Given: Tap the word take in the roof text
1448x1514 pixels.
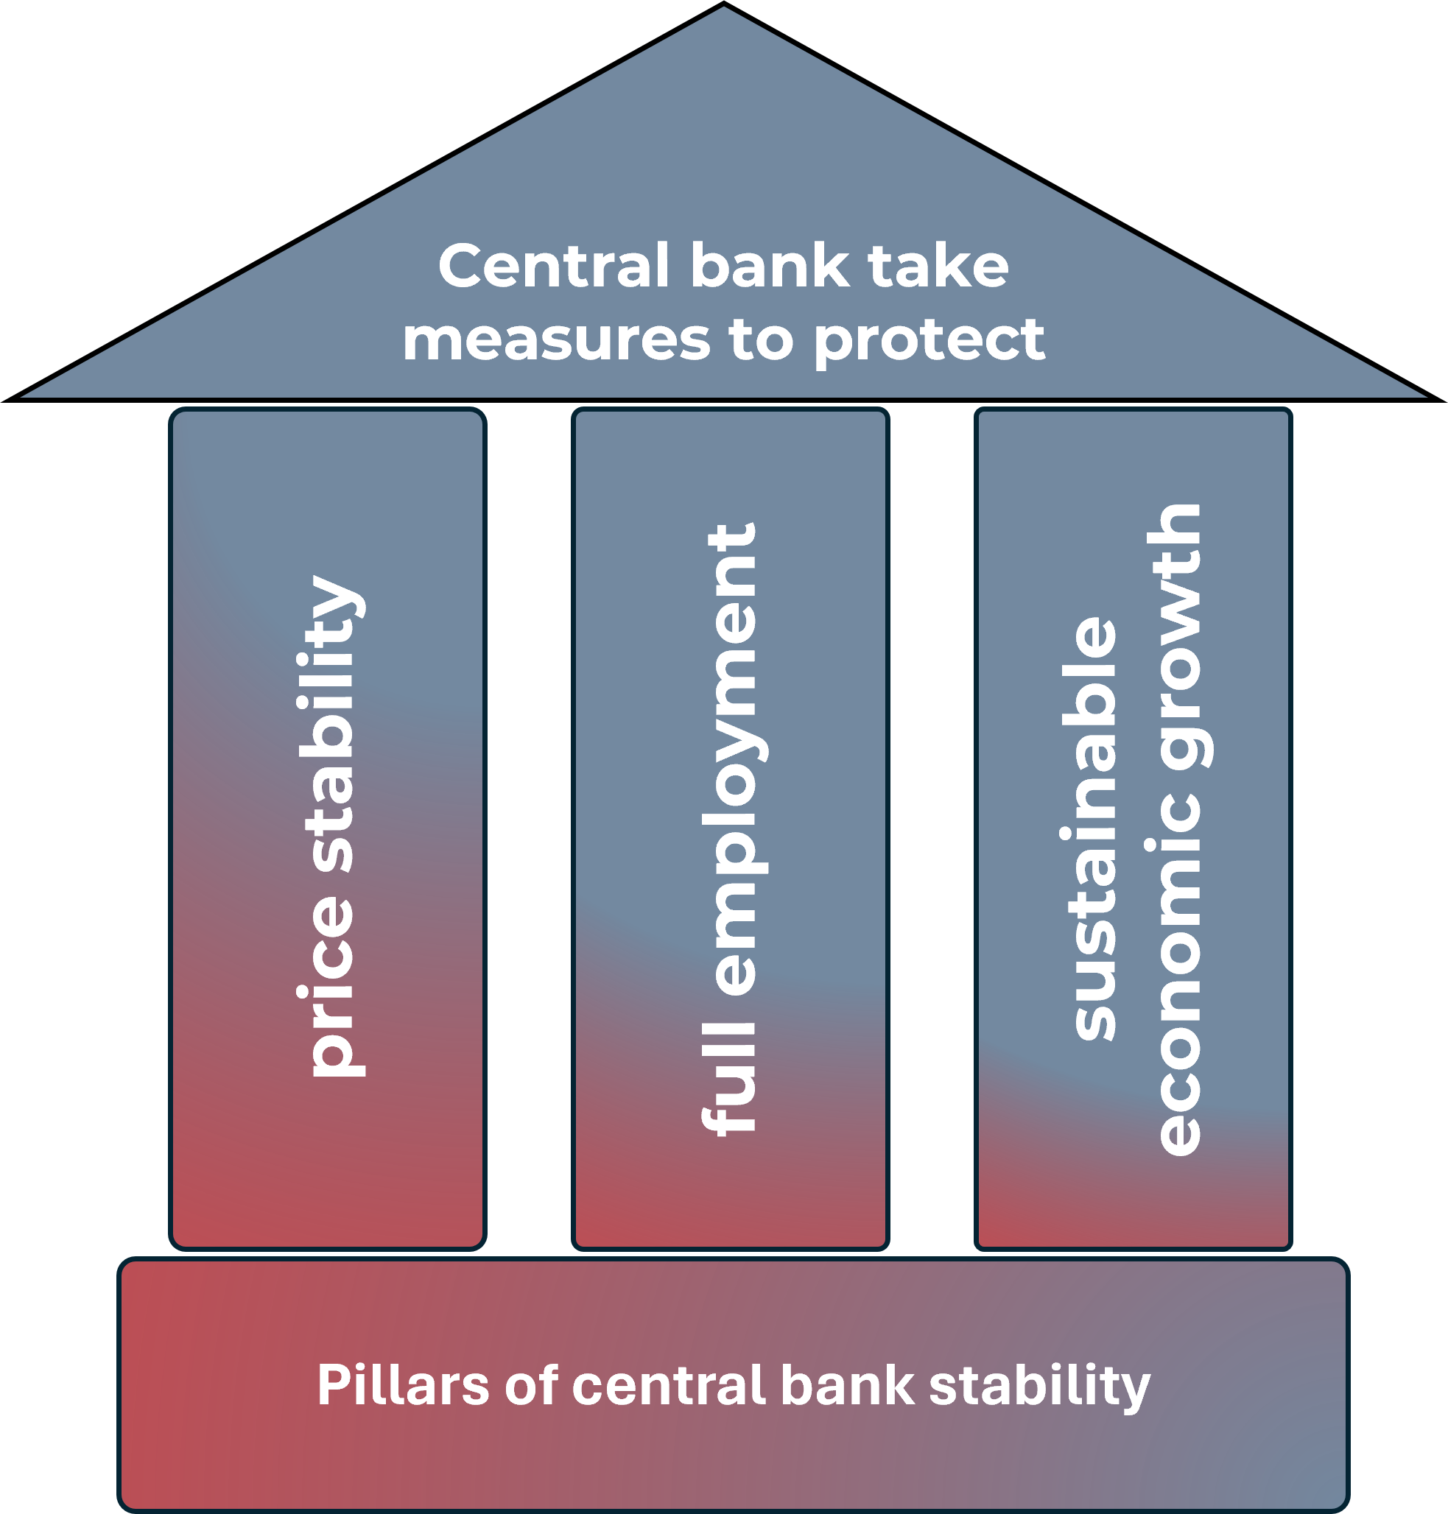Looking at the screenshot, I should [938, 267].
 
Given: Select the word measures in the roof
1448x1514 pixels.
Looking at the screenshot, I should [556, 340].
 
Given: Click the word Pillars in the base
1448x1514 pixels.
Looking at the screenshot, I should [403, 1386].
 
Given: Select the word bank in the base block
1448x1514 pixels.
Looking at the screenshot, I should [847, 1386].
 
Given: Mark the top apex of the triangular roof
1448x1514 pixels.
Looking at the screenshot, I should [724, 10].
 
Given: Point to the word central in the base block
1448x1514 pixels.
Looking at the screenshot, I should [669, 1386].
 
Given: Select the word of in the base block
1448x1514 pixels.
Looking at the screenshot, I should [531, 1386].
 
